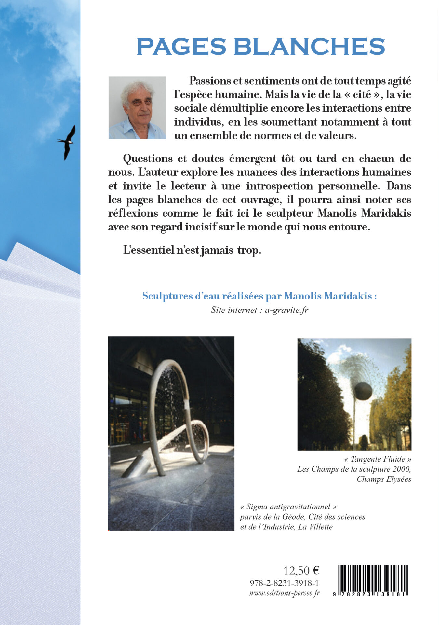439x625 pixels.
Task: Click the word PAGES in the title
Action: (x=181, y=47)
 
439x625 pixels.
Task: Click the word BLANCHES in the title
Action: (x=309, y=47)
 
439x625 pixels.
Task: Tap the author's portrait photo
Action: (x=137, y=108)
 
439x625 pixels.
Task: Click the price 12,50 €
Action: (x=301, y=570)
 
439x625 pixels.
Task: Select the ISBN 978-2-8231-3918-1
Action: (x=284, y=583)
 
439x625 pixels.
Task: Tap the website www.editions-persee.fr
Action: (x=284, y=593)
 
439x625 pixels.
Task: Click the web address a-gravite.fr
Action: (x=286, y=310)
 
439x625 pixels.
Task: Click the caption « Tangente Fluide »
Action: (x=378, y=459)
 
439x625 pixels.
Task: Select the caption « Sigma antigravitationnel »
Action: (x=288, y=507)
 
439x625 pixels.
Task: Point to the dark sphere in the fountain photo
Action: (x=363, y=391)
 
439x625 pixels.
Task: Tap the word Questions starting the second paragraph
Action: (x=148, y=159)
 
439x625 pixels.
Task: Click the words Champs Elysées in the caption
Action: (x=384, y=479)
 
